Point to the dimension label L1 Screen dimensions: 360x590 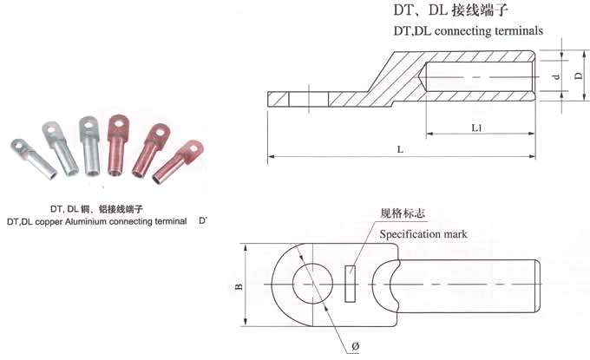[476, 128]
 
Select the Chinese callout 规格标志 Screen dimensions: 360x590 [402, 213]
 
